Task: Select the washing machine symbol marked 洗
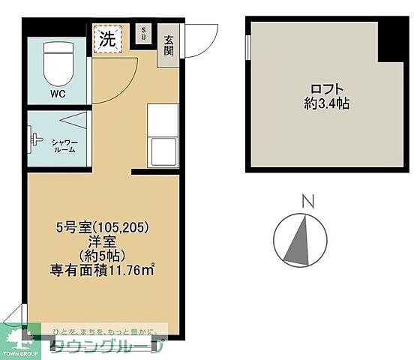[x=107, y=40]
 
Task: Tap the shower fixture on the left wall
[x=32, y=139]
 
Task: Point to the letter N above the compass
[x=305, y=201]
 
